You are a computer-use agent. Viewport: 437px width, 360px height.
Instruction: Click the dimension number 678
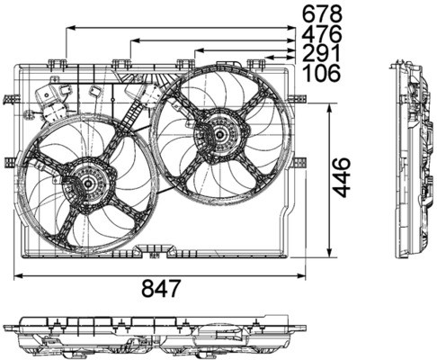[x=321, y=13]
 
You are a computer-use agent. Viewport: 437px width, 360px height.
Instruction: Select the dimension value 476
[x=321, y=34]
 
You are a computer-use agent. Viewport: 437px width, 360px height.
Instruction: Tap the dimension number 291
[x=321, y=54]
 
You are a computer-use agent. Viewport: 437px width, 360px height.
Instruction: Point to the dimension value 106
[x=321, y=74]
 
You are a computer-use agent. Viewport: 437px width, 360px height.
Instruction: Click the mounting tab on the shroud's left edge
[x=11, y=162]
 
